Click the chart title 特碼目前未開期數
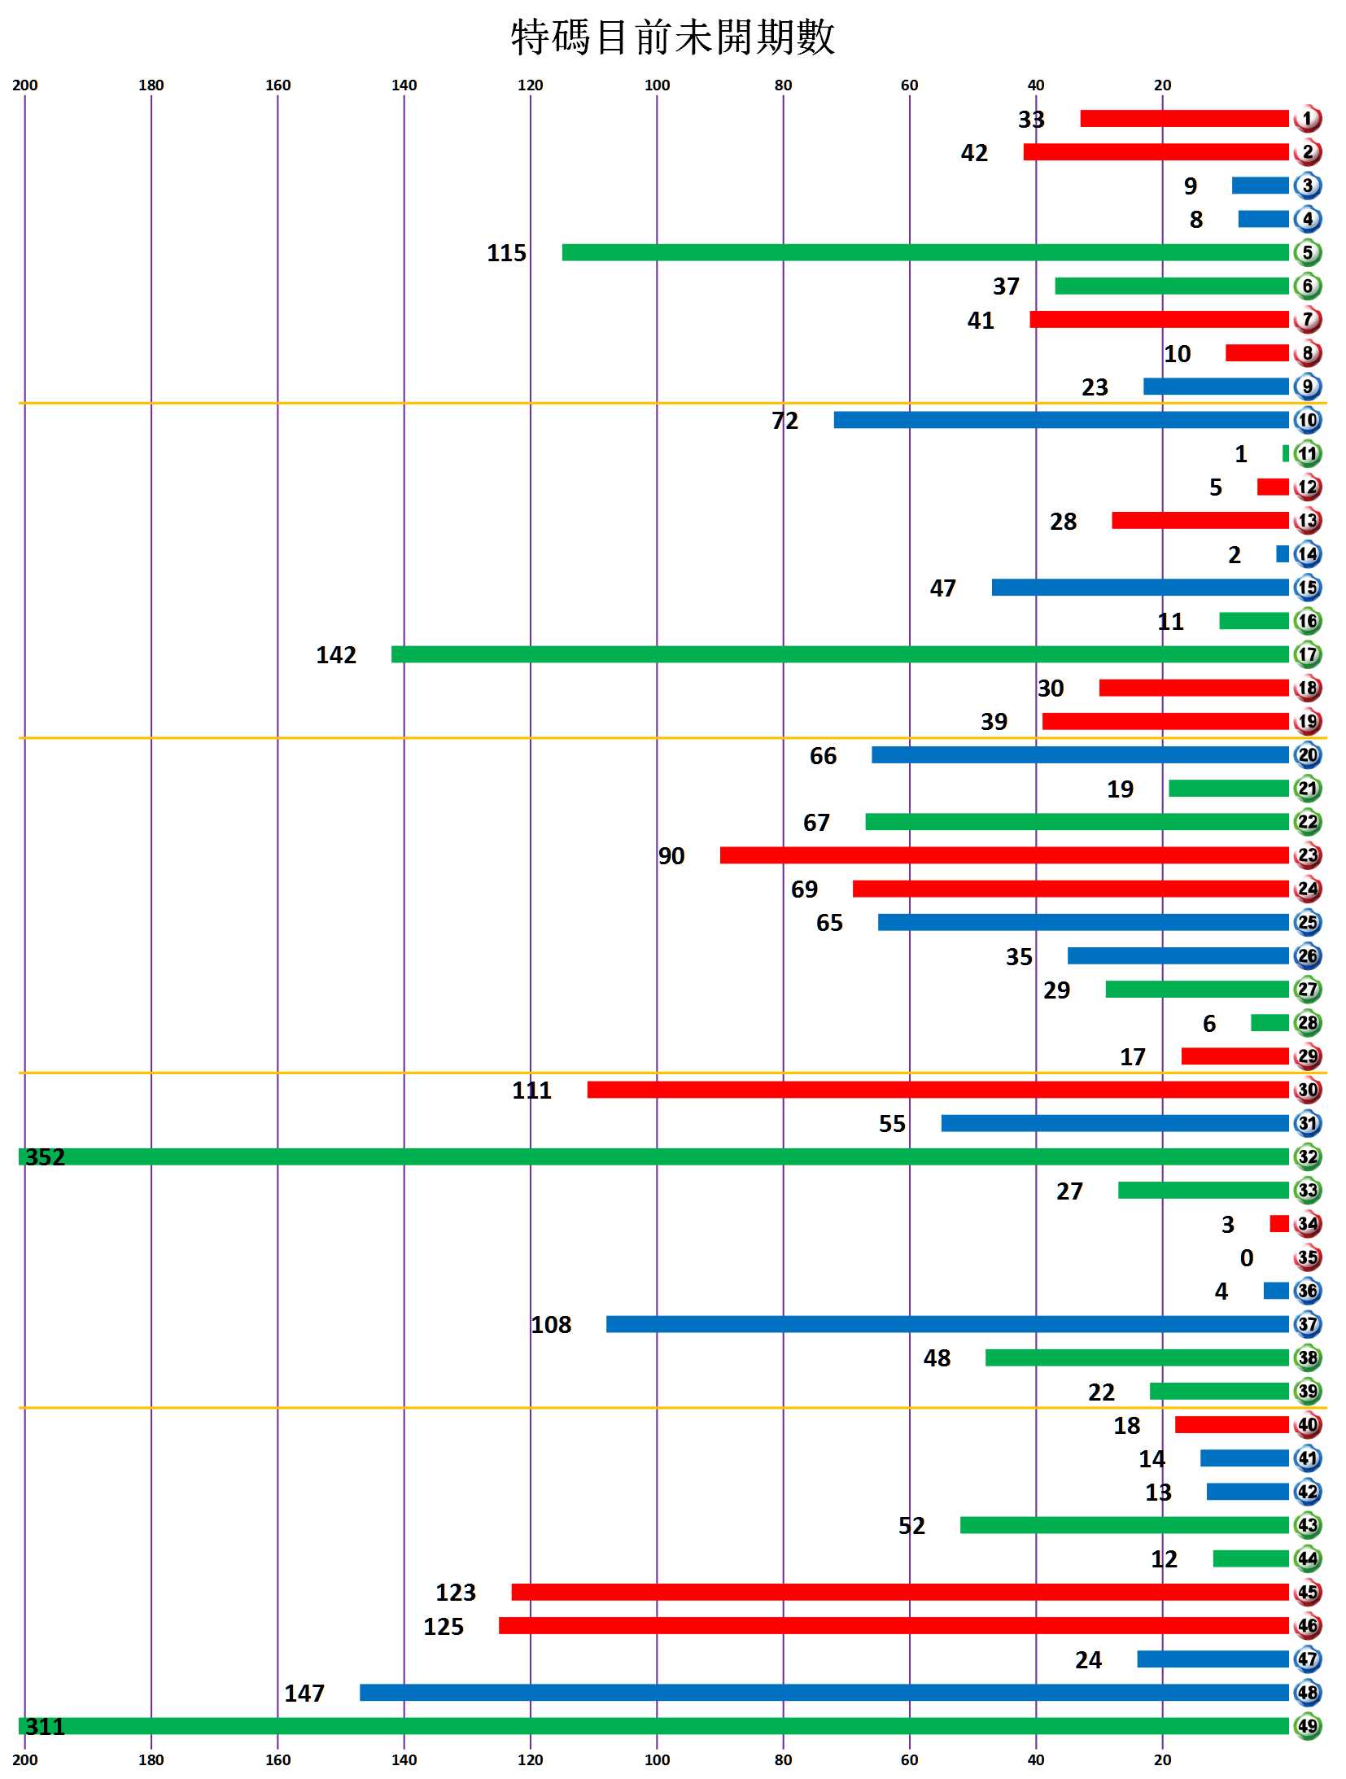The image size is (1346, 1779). coord(673,38)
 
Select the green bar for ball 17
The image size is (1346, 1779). coord(840,654)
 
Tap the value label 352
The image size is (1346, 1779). coord(46,1156)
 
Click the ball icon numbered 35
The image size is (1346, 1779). coord(1307,1257)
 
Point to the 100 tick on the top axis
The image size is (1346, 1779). coord(657,85)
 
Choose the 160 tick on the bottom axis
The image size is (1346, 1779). coord(278,1759)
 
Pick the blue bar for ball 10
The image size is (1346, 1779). coord(1060,420)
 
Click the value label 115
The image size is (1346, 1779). coord(506,253)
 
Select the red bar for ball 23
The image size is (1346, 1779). coord(1003,855)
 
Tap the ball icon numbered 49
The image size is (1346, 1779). coord(1307,1725)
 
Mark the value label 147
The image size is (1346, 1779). coord(304,1693)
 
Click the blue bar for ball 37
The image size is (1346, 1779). coord(946,1324)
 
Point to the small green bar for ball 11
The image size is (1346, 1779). coord(1286,453)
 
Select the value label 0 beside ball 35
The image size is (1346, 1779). coord(1247,1258)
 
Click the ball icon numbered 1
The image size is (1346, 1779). coord(1307,119)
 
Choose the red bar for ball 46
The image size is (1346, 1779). coord(893,1625)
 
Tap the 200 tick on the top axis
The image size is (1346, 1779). coord(25,85)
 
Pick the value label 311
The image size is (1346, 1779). coord(46,1726)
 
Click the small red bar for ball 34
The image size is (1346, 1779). coord(1279,1223)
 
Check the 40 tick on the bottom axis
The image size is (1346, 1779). coord(1036,1759)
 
